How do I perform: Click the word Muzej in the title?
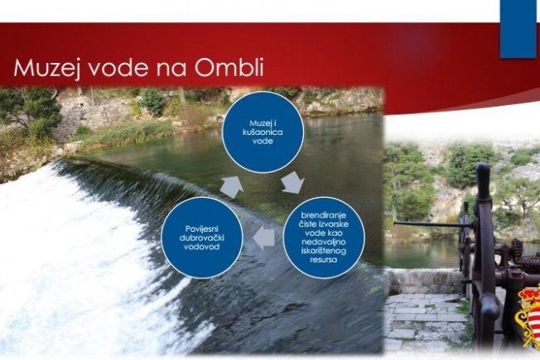click(x=47, y=68)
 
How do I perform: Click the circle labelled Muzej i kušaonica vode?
click(x=263, y=132)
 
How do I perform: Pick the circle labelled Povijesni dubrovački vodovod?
click(x=202, y=238)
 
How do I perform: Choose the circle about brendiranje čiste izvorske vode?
click(x=324, y=238)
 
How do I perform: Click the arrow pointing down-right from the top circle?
click(x=292, y=182)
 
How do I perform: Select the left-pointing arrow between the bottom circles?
click(x=264, y=238)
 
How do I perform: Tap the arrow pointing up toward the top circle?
click(x=232, y=186)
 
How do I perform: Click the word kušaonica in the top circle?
click(x=263, y=132)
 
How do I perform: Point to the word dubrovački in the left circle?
click(x=202, y=238)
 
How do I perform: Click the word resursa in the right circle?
click(x=323, y=260)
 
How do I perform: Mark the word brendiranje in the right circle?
click(x=323, y=215)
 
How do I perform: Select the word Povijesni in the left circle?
click(x=202, y=229)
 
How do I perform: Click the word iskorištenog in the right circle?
click(x=323, y=251)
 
